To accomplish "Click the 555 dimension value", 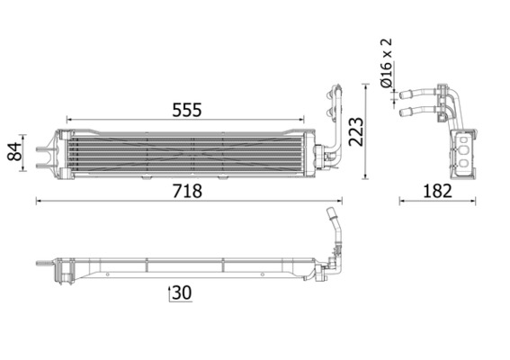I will coord(187,109).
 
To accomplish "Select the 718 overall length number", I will coord(187,191).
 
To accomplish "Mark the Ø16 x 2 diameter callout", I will coord(388,62).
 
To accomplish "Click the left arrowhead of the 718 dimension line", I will coord(39,202).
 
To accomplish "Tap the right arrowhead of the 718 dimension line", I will coord(342,202).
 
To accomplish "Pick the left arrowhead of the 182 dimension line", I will coord(401,202).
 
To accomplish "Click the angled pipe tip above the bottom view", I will coord(331,214).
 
